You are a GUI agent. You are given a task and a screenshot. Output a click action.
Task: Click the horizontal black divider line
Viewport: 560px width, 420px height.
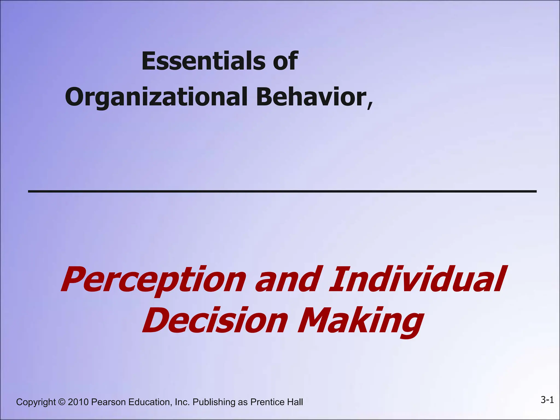click(x=282, y=191)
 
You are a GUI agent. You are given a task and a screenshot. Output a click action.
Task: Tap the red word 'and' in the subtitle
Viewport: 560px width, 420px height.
click(x=287, y=279)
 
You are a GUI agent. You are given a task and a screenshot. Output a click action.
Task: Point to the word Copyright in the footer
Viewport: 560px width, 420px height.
click(x=36, y=402)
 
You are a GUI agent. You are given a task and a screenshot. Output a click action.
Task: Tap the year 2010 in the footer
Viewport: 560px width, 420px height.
click(x=78, y=402)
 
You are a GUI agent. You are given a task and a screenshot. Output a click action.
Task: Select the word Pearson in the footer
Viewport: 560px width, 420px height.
click(x=109, y=402)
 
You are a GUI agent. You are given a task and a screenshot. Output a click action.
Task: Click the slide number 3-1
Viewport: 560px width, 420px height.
click(x=547, y=400)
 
